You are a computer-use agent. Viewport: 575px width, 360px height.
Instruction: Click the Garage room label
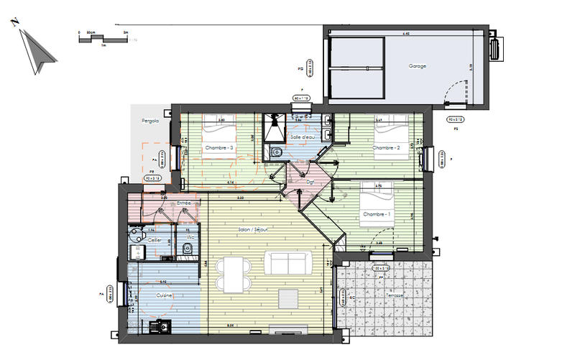click(x=418, y=66)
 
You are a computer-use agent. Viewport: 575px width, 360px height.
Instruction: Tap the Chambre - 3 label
click(x=219, y=148)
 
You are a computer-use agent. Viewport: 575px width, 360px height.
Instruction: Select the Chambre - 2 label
click(x=386, y=148)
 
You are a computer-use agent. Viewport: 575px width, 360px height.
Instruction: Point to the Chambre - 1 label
click(x=377, y=215)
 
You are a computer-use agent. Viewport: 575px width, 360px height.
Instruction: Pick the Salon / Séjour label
click(x=254, y=229)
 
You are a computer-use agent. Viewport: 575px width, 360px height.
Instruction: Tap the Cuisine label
click(x=165, y=295)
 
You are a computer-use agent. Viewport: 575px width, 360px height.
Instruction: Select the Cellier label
click(x=155, y=239)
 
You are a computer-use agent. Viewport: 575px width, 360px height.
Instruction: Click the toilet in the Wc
click(x=187, y=249)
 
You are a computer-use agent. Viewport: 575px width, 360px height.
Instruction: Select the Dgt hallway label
click(x=311, y=182)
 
